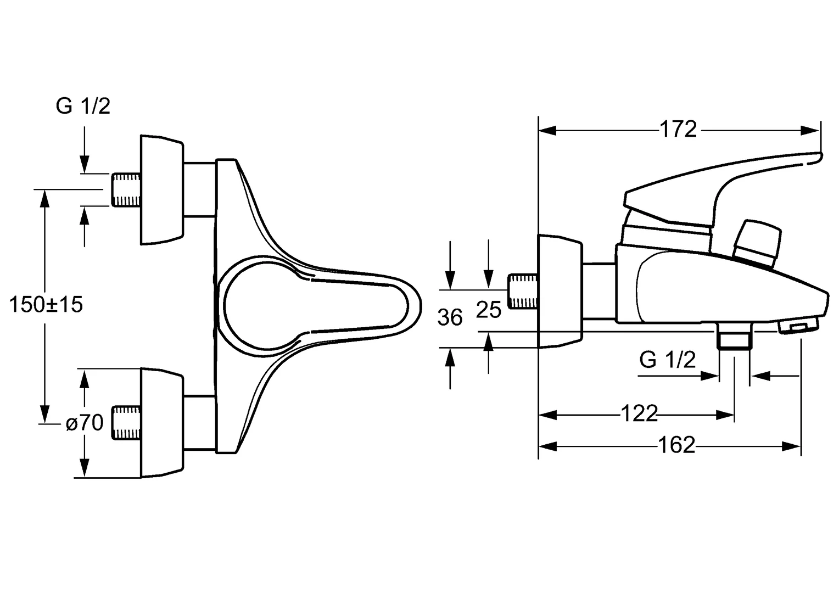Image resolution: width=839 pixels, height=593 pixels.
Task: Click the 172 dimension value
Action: [678, 130]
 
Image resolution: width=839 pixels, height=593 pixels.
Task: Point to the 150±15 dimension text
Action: [46, 304]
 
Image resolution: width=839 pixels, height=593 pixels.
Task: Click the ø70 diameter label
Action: [84, 423]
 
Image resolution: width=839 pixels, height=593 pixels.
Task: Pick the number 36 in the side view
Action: [450, 318]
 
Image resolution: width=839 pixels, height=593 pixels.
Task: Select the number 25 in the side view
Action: [488, 310]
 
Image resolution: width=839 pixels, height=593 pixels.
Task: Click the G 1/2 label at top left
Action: [83, 106]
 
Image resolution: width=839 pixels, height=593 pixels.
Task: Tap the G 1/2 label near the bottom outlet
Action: [667, 360]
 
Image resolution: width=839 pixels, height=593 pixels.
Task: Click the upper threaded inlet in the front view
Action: [126, 189]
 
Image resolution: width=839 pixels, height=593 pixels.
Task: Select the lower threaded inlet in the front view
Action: [126, 423]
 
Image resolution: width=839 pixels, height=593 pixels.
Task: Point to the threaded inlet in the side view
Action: [523, 291]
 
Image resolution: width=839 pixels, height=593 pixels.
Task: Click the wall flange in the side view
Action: [559, 291]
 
